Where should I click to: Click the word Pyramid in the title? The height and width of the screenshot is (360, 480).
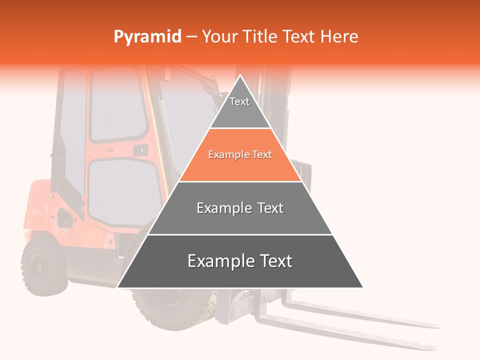coord(147,37)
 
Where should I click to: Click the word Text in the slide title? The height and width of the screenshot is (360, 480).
coord(300,37)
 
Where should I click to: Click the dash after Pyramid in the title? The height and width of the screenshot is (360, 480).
coord(191,37)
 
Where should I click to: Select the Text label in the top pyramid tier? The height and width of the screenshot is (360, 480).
coord(239,101)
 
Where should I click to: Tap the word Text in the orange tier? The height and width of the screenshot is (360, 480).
coord(262,155)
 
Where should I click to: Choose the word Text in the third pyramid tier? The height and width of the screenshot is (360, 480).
coord(270,208)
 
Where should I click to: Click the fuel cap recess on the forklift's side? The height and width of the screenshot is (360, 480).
coord(64,217)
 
